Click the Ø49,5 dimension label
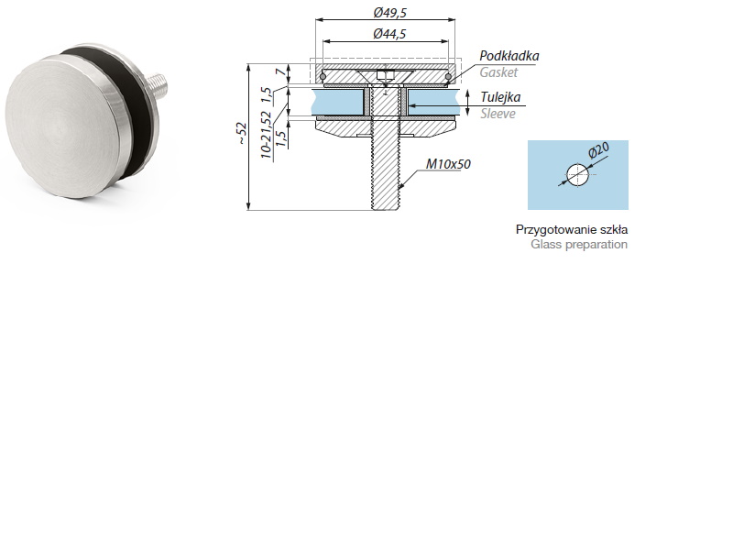(x=390, y=12)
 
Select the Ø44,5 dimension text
(x=390, y=34)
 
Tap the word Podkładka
(x=509, y=56)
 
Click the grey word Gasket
(x=498, y=71)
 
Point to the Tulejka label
(x=501, y=98)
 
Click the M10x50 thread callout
(x=448, y=165)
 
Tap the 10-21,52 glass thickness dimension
(x=266, y=136)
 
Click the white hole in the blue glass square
(x=577, y=174)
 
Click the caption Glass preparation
(x=578, y=245)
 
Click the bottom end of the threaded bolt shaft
(x=387, y=207)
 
